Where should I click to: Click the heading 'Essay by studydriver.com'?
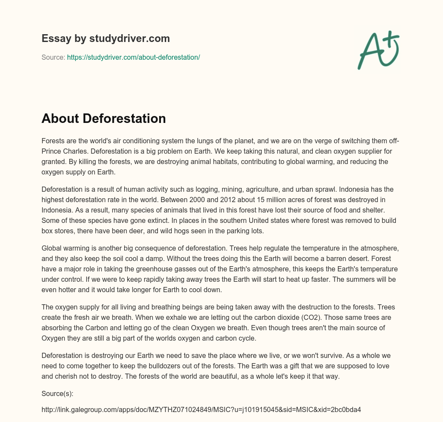(x=106, y=39)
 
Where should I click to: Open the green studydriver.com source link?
(x=133, y=57)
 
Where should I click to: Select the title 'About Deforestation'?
(x=103, y=119)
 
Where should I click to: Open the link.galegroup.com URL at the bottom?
(x=201, y=409)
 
